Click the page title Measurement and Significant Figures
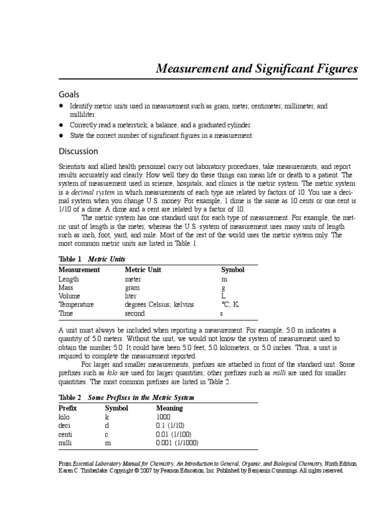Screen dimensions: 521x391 [x=257, y=69]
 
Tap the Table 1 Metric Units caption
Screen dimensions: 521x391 [x=92, y=259]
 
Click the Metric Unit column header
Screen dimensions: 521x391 [x=143, y=270]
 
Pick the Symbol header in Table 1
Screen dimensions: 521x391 [x=233, y=270]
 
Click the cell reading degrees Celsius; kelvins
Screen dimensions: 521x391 [x=159, y=304]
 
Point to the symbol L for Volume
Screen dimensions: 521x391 [x=223, y=296]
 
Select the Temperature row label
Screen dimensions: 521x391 [x=76, y=304]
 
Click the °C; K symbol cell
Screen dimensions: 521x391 [x=230, y=304]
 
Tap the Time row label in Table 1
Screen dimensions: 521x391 [x=66, y=313]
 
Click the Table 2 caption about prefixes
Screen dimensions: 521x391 [x=126, y=397]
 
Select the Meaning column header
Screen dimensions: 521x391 [x=169, y=408]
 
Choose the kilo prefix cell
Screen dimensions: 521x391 [x=65, y=417]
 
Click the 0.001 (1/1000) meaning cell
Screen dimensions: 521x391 [x=177, y=443]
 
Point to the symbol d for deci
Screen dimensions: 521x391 [x=107, y=425]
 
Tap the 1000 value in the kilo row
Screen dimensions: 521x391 [x=163, y=417]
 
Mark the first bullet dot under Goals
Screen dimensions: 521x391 [x=61, y=106]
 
